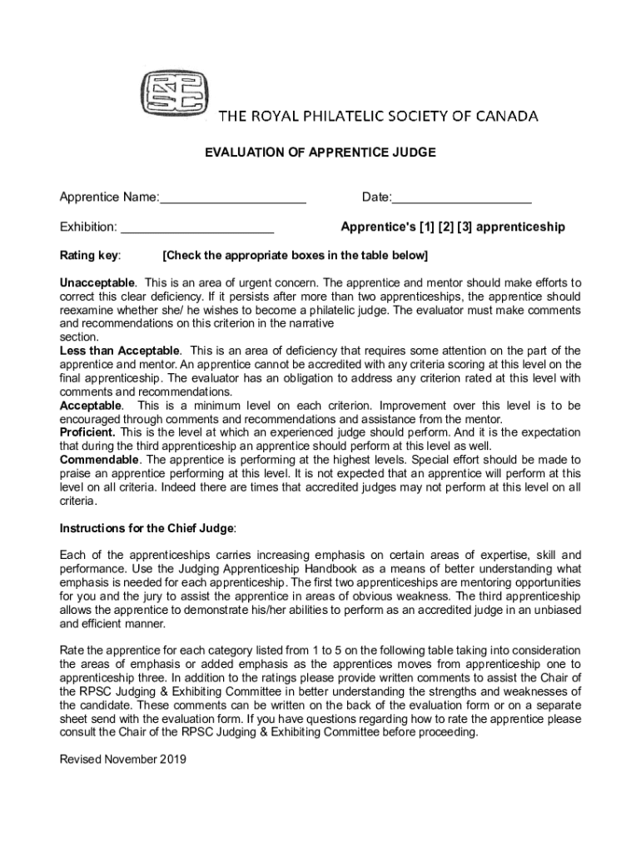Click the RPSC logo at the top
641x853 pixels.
[x=175, y=91]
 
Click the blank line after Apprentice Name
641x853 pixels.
[x=233, y=198]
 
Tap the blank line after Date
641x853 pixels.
[x=461, y=198]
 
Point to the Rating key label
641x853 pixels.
[x=90, y=255]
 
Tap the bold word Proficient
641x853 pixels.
[x=88, y=432]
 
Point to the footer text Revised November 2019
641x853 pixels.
[x=123, y=759]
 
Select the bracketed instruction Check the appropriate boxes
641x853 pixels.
[x=296, y=255]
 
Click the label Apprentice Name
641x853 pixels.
[x=107, y=198]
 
